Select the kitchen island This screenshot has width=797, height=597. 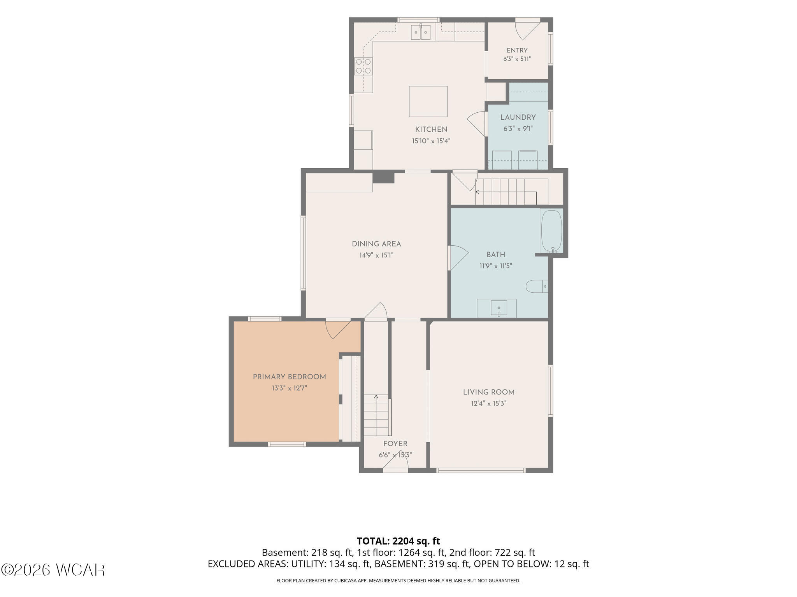point(428,101)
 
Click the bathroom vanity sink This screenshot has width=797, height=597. point(499,308)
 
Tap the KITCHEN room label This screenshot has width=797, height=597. point(431,129)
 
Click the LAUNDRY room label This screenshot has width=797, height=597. point(518,117)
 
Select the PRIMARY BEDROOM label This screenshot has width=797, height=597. point(290,377)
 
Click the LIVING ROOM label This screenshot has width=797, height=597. point(489,393)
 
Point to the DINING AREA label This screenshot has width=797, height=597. point(376,244)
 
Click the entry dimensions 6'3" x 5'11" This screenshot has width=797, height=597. point(517,59)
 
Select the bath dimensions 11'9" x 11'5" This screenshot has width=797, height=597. point(496,266)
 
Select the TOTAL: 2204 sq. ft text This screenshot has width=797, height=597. point(398,541)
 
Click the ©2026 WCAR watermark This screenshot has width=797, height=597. point(53,570)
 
